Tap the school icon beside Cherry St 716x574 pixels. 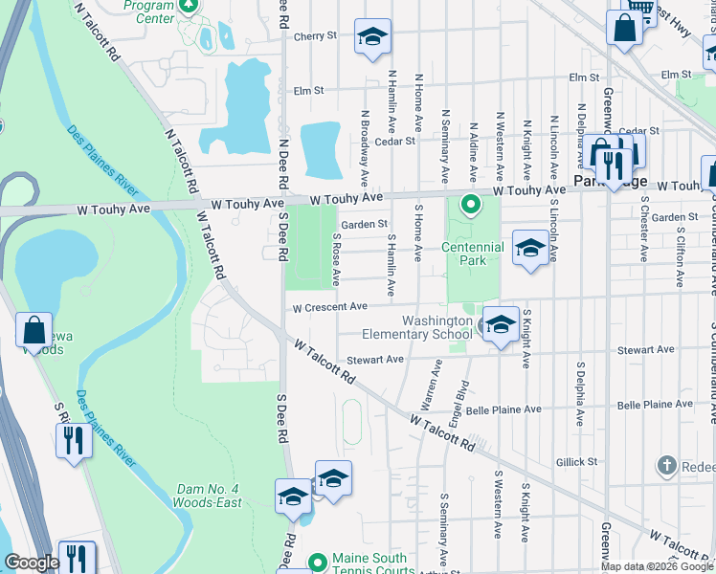372,37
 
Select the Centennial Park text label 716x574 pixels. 472,254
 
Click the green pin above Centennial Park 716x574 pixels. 470,205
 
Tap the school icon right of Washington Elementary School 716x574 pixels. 501,325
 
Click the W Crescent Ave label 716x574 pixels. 330,307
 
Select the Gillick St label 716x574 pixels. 576,461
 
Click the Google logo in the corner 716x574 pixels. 32,563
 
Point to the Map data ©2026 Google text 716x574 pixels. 657,566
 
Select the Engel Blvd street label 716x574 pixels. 462,401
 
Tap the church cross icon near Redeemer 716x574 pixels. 667,466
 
